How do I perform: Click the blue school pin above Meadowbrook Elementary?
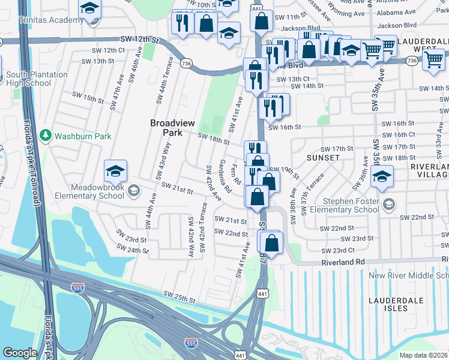point(115,173)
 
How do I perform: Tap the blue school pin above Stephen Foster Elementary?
point(381,177)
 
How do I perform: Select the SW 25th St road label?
point(180,296)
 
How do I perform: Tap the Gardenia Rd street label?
point(225,176)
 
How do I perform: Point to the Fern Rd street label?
point(237,175)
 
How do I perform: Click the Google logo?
point(20,353)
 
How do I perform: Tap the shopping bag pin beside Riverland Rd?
point(271,243)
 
